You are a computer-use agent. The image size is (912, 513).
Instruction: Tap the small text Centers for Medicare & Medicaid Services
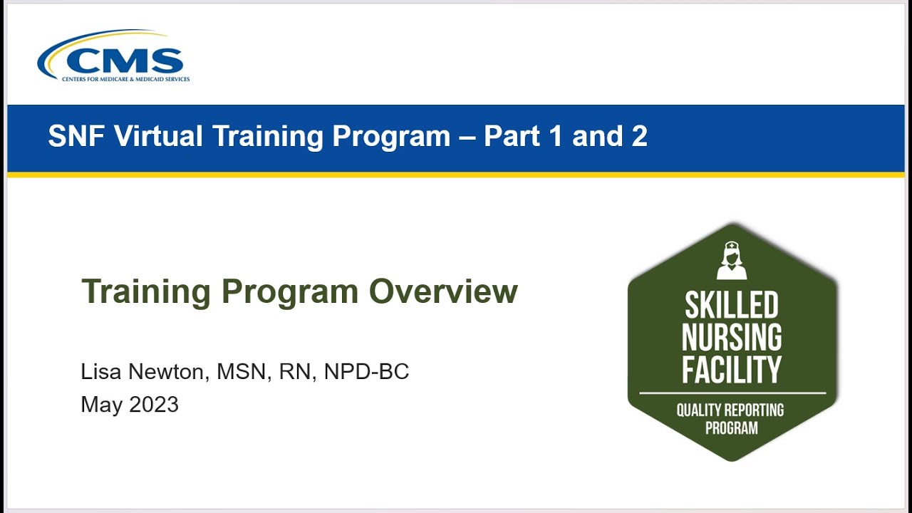[125, 79]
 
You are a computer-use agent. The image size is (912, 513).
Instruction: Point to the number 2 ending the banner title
[639, 136]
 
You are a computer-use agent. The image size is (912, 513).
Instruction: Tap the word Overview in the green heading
[443, 291]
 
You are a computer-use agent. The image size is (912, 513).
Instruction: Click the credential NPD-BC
[366, 371]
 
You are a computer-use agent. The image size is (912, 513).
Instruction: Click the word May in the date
[100, 405]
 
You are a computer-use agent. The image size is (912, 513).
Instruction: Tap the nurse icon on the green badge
[732, 261]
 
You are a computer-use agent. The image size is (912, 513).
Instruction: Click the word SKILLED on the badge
[732, 305]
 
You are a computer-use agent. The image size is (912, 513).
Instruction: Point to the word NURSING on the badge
[732, 337]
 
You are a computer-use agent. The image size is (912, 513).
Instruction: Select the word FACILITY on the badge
[732, 369]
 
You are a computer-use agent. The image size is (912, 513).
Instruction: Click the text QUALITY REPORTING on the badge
[730, 410]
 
